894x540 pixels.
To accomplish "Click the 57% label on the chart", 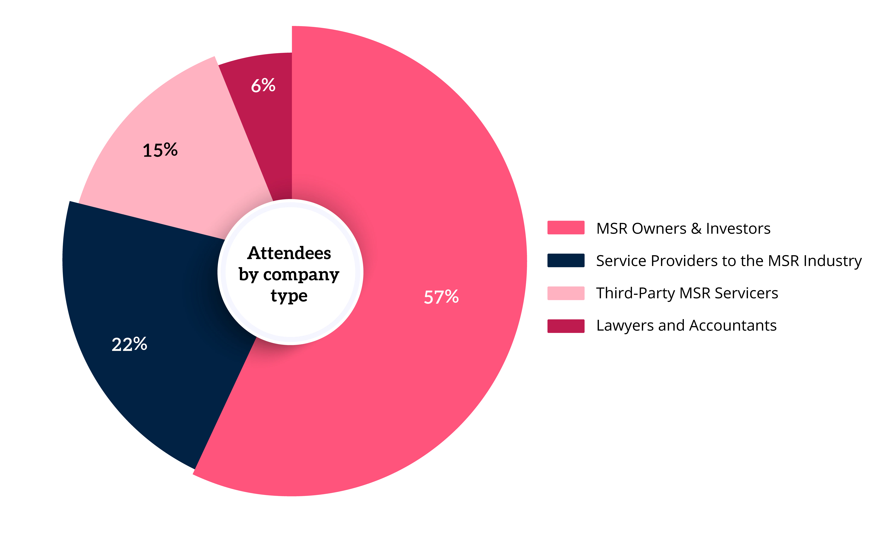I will [x=441, y=297].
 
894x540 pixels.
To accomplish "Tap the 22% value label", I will [x=129, y=344].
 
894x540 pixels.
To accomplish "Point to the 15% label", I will [x=160, y=150].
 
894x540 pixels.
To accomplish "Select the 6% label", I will [x=263, y=86].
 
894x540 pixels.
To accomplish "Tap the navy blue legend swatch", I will [x=566, y=260].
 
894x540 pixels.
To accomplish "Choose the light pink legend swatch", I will [x=566, y=293].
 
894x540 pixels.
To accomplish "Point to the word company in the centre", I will [x=301, y=275].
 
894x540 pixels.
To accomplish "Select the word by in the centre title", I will [x=248, y=275].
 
